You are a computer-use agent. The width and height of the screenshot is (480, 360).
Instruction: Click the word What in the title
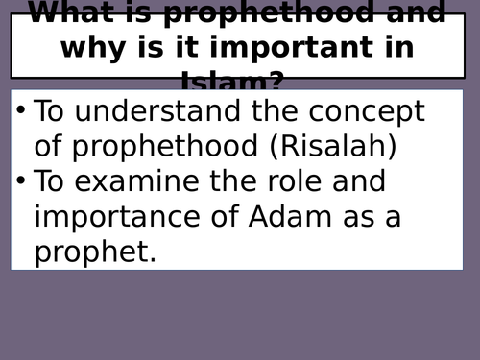[x=78, y=13]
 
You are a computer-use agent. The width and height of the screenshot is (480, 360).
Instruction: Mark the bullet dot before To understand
[x=21, y=110]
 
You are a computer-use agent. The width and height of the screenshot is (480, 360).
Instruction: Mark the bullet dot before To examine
[x=21, y=180]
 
